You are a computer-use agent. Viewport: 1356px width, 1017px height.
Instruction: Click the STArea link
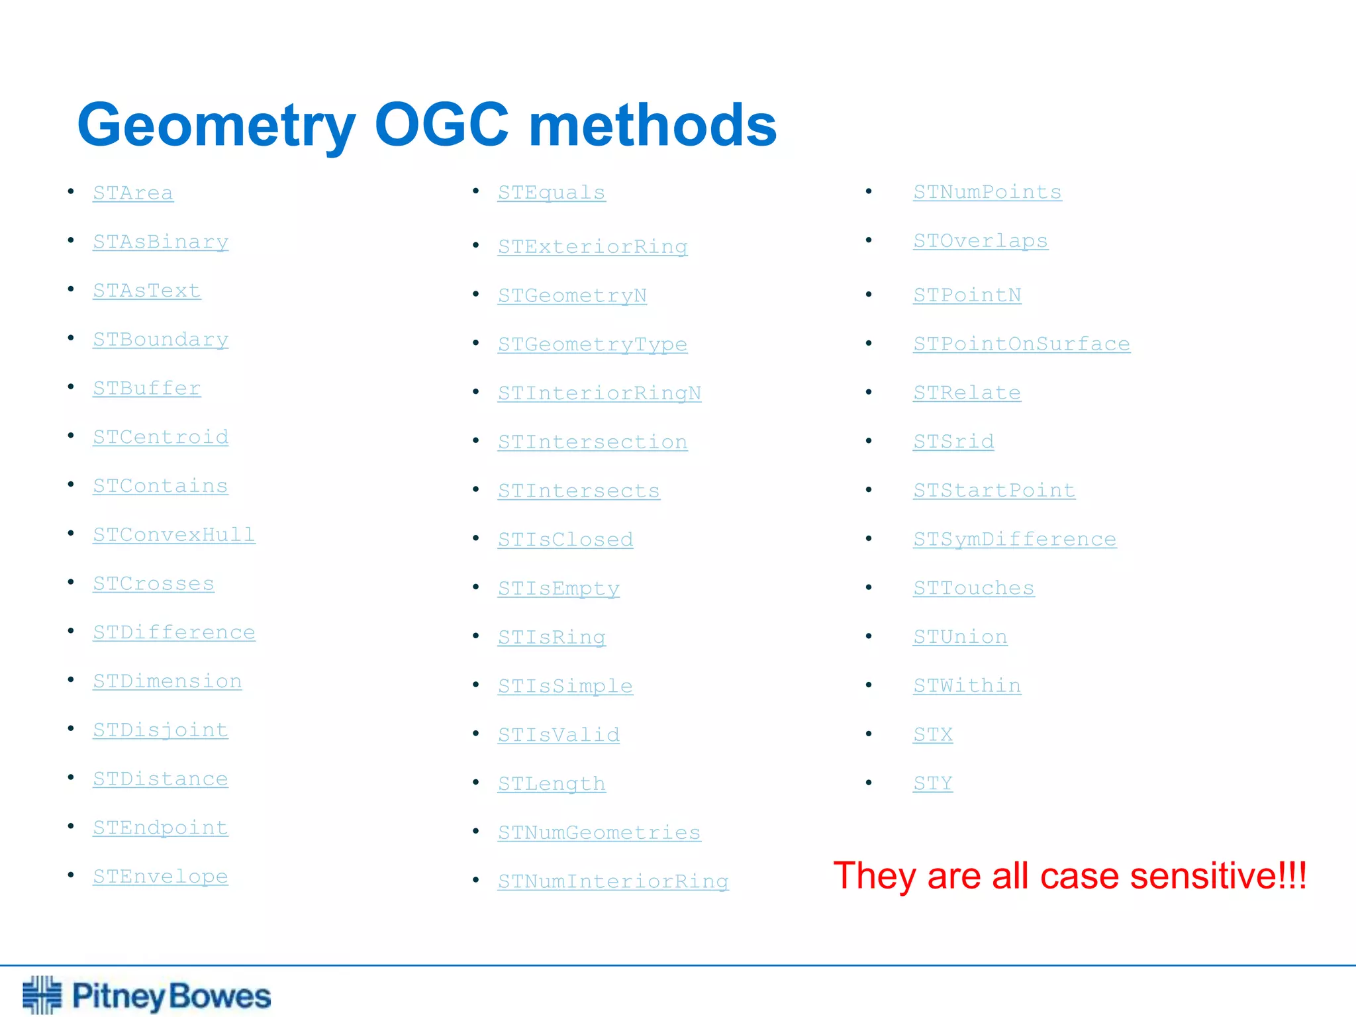click(133, 193)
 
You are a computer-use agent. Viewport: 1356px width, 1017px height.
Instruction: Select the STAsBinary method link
click(160, 242)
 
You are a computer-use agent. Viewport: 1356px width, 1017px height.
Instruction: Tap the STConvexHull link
click(173, 534)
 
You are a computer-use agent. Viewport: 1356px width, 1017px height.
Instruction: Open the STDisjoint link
click(160, 730)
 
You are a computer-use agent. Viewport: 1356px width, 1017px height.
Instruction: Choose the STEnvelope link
click(160, 876)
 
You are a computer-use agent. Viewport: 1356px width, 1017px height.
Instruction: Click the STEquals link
click(552, 192)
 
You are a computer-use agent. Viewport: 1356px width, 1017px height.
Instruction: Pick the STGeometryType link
click(593, 344)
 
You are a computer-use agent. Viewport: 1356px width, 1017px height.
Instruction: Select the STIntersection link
click(593, 442)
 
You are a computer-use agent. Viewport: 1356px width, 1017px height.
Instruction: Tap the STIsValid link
click(559, 734)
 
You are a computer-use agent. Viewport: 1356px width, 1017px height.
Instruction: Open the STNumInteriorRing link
click(613, 881)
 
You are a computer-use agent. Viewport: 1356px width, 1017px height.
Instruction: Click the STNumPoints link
click(987, 191)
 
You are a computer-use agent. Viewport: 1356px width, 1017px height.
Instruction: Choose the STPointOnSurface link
click(1022, 344)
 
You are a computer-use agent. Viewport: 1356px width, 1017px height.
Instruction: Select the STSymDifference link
click(1014, 539)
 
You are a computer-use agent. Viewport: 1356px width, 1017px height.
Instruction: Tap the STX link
click(933, 734)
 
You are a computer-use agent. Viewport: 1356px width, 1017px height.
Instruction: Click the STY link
click(933, 783)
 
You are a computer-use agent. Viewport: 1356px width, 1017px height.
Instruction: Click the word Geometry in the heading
click(217, 126)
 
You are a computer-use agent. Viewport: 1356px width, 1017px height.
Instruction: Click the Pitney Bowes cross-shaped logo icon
click(42, 994)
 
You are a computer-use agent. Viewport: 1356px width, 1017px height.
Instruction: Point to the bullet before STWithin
click(869, 685)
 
